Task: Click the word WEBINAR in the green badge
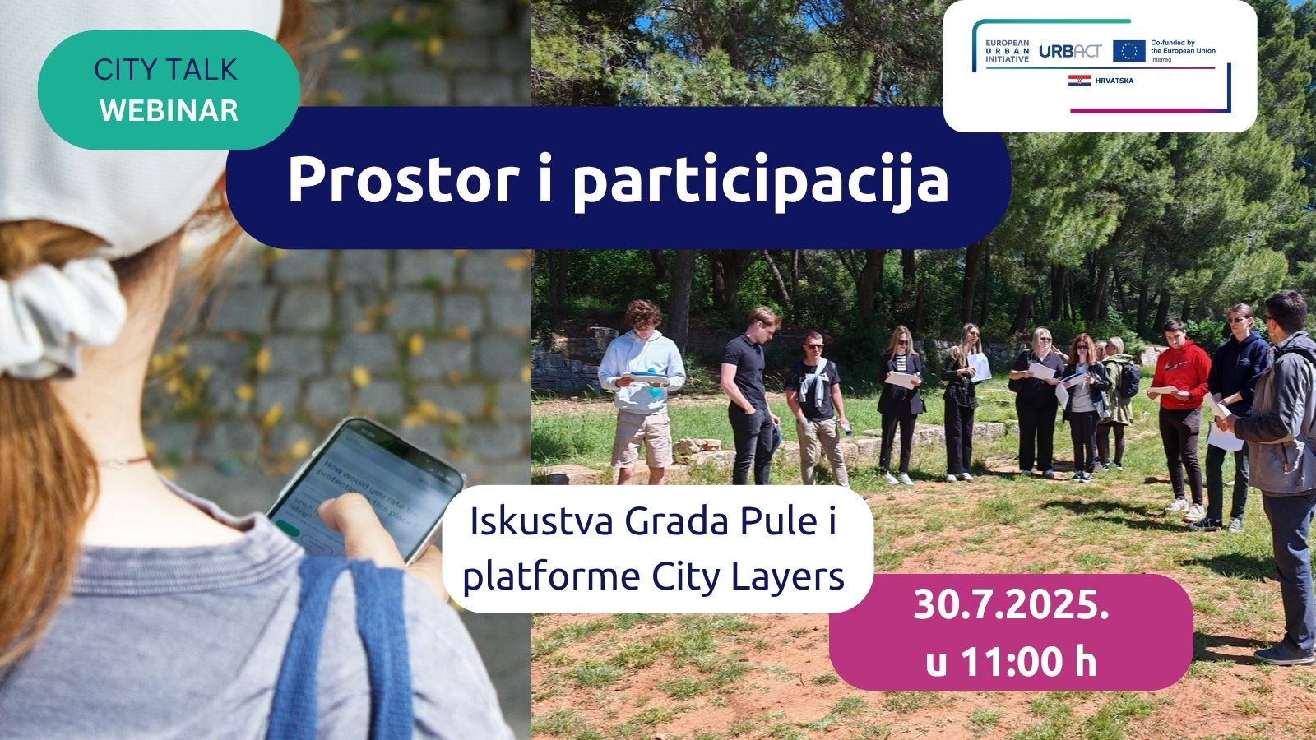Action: (x=169, y=110)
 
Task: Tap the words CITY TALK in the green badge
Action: (x=165, y=70)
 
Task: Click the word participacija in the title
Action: (x=760, y=181)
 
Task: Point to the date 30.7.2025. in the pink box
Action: (x=1011, y=605)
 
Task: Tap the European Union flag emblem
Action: (x=1128, y=51)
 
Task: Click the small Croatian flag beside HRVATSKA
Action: (x=1079, y=81)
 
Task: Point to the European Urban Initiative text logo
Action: (x=1006, y=51)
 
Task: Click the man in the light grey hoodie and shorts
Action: (x=642, y=386)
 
